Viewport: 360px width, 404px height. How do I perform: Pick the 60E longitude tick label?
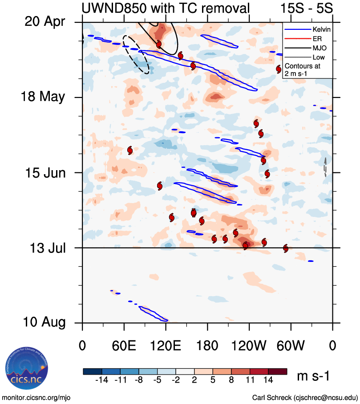[124, 346]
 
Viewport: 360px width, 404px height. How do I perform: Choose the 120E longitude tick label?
[166, 346]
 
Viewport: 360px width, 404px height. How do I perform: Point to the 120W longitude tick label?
[249, 346]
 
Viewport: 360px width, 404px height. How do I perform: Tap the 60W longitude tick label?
[291, 346]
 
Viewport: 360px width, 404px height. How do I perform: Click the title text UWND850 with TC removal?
[165, 8]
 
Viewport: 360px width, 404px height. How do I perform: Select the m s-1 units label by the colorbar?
[313, 376]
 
